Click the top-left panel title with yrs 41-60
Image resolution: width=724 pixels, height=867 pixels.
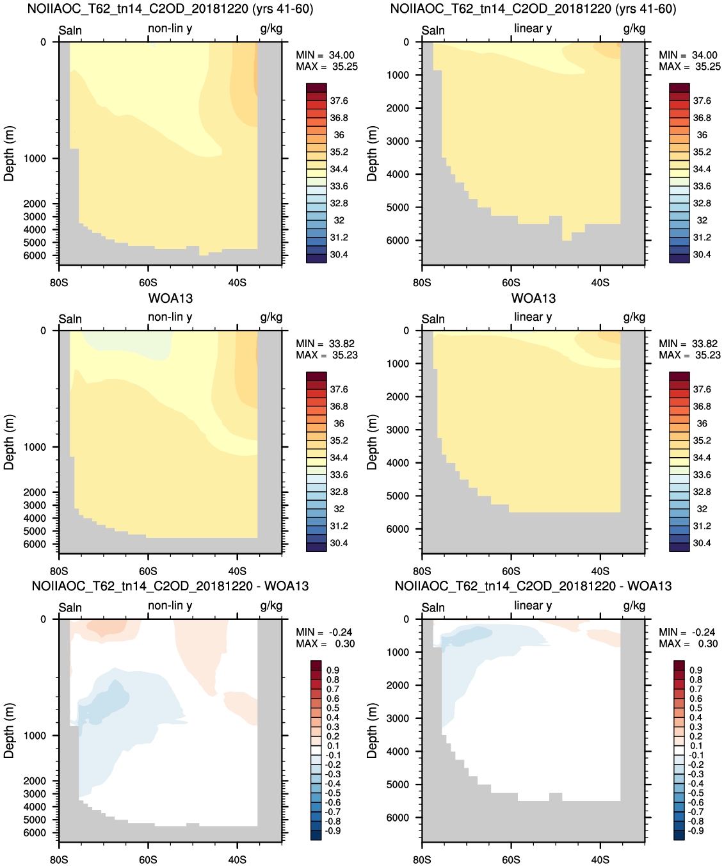point(170,8)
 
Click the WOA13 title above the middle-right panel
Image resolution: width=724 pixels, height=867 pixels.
point(533,298)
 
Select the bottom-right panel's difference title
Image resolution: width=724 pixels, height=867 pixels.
point(533,586)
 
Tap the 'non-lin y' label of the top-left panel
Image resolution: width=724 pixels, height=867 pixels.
point(170,28)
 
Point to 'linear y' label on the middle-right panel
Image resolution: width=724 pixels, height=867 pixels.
point(533,317)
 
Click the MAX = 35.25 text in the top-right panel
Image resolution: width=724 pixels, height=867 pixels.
point(689,67)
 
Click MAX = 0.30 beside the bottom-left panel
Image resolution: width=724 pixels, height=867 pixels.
point(325,644)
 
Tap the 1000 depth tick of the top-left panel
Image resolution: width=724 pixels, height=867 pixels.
point(35,158)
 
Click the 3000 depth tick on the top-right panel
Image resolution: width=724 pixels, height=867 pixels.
point(398,141)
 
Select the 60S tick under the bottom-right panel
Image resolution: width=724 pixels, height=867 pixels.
point(511,860)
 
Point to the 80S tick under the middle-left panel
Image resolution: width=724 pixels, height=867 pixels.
point(59,571)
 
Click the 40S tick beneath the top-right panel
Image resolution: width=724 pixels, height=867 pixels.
point(600,283)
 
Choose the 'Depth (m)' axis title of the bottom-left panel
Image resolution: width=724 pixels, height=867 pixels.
point(9,731)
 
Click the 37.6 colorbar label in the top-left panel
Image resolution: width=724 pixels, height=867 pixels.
point(339,101)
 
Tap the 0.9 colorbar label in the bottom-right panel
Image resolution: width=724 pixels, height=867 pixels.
point(696,670)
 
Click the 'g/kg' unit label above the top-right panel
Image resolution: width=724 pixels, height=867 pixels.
point(634,29)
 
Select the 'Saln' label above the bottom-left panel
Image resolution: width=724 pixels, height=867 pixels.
point(70,608)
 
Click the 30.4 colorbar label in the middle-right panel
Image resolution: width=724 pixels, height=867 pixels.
point(702,543)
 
